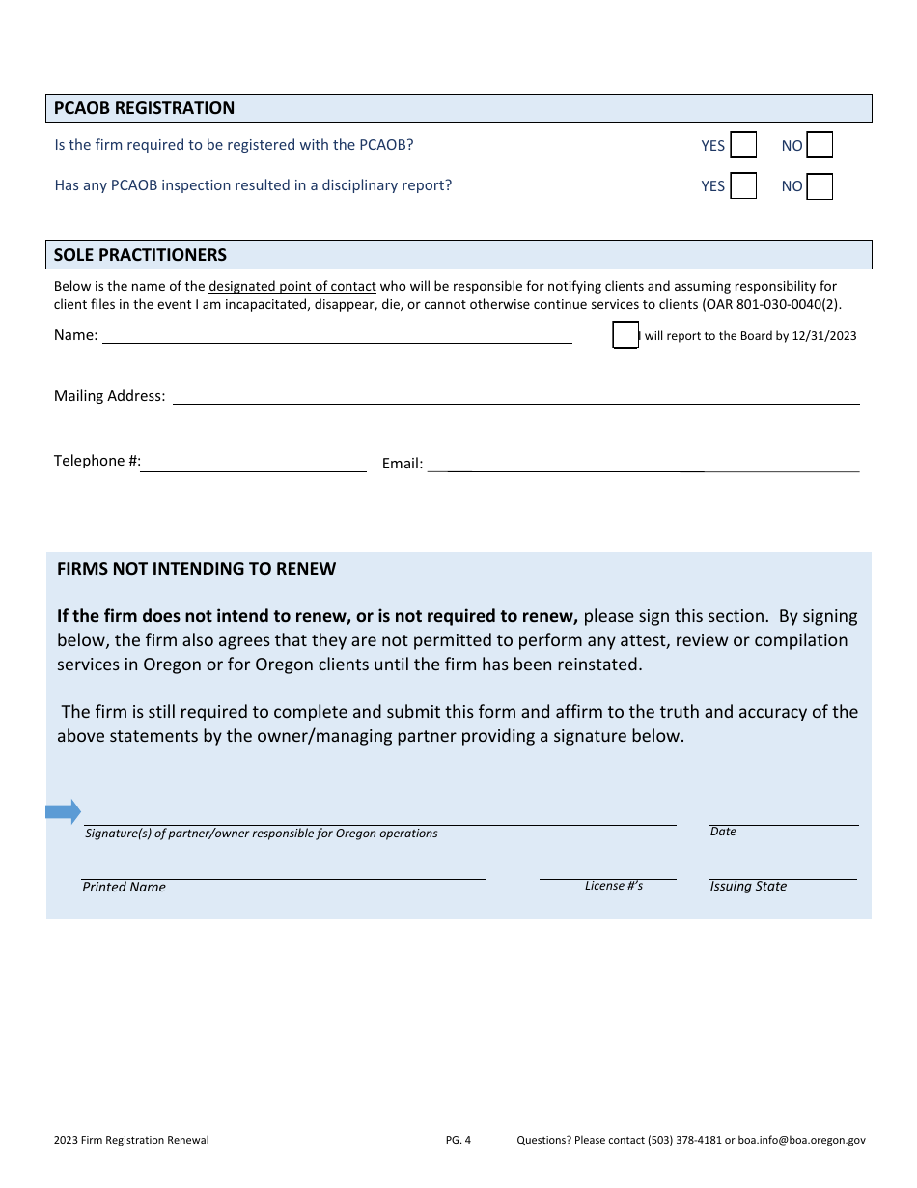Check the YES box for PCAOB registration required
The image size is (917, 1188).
(743, 146)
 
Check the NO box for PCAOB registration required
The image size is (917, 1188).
(820, 146)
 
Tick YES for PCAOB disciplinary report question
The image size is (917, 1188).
(743, 186)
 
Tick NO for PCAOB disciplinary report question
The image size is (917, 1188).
(820, 186)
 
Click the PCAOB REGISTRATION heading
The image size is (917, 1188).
(145, 108)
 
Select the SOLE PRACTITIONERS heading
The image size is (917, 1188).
(141, 255)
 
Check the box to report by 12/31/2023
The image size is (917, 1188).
(625, 335)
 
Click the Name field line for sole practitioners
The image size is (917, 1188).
(337, 335)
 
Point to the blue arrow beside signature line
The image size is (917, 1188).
(63, 811)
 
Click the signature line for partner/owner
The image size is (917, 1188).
(379, 817)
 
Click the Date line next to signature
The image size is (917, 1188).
(783, 818)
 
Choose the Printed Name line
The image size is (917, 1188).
(283, 872)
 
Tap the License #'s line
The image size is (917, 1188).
(607, 872)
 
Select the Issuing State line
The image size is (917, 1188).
(783, 872)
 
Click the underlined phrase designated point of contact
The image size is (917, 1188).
(292, 286)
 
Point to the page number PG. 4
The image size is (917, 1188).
(458, 1140)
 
